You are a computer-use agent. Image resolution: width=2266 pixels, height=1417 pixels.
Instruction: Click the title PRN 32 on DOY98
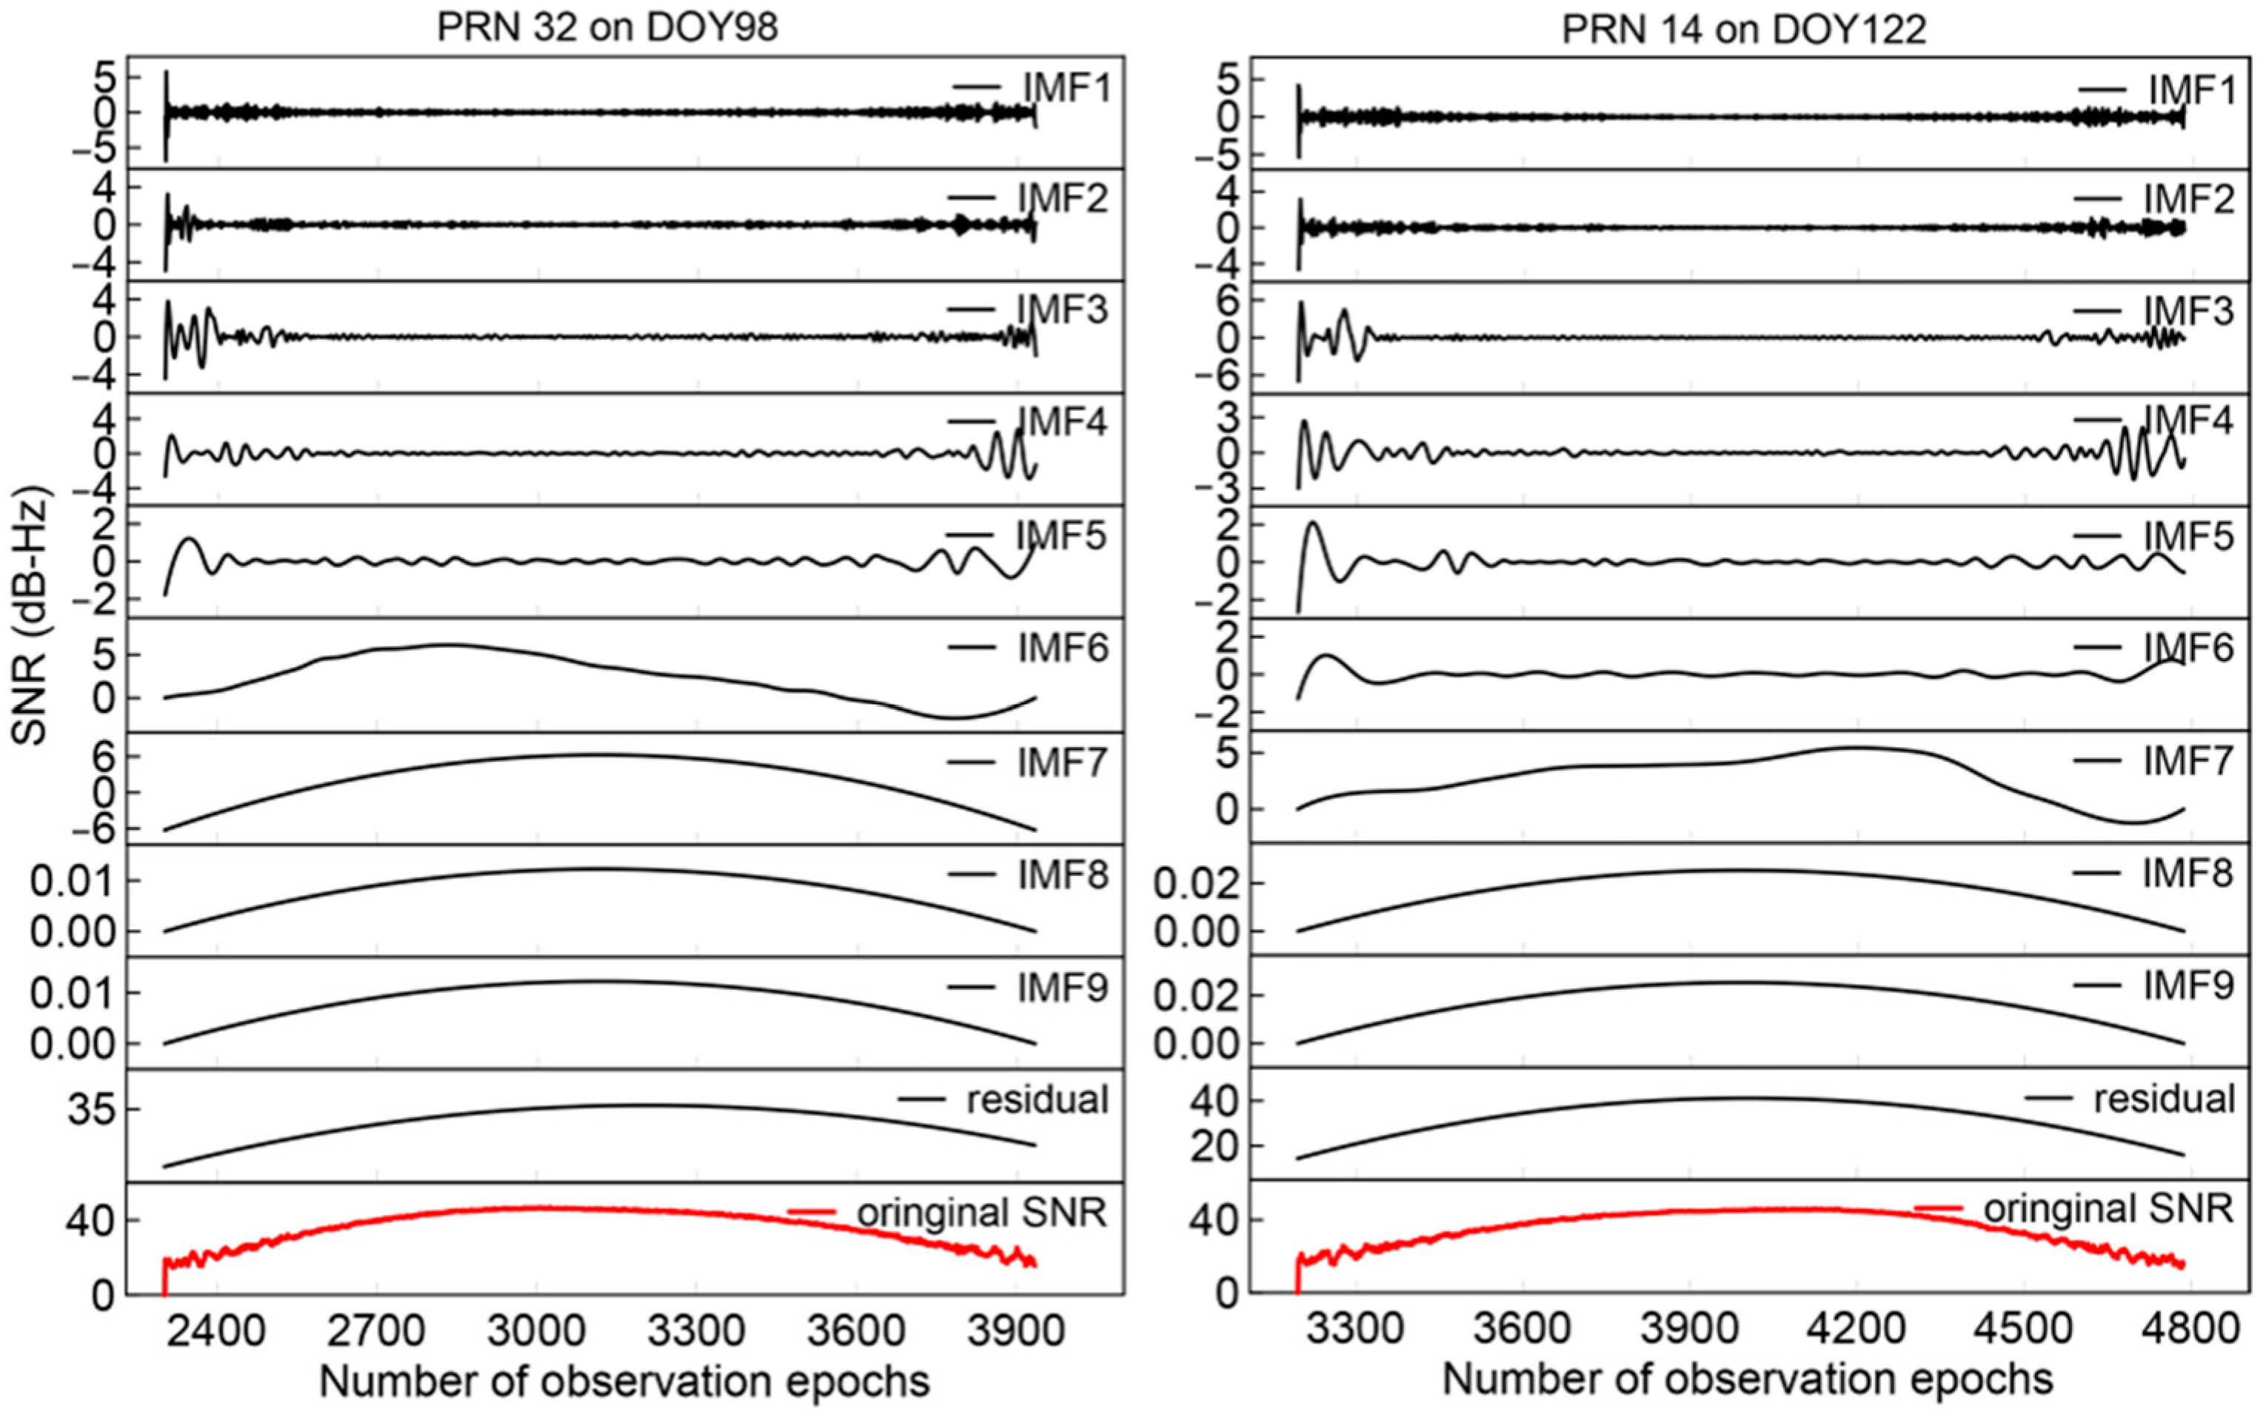(x=607, y=27)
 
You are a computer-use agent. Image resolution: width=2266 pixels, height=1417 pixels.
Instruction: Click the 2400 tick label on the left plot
(x=218, y=1330)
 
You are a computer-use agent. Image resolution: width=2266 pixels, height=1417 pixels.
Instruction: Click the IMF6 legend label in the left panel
(x=1063, y=648)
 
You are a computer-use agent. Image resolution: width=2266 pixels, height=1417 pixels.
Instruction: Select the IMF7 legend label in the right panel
(x=2188, y=761)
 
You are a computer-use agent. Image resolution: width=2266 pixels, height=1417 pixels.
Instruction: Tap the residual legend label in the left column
(x=1037, y=1099)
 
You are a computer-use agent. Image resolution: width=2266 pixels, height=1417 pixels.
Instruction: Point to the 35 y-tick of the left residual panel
(x=90, y=1110)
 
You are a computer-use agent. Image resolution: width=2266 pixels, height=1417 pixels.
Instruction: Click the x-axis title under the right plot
(x=1748, y=1379)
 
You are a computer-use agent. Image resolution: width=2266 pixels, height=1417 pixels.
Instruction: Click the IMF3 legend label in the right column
(x=2188, y=310)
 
